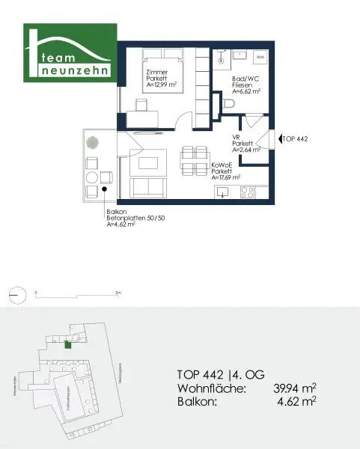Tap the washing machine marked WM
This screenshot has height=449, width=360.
coord(260,57)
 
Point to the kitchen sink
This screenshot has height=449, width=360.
coord(223,192)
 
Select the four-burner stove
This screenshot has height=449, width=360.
coord(247,192)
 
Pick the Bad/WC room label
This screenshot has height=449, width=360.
coord(244,82)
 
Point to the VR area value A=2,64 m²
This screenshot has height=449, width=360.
coord(245,149)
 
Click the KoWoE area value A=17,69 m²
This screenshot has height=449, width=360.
coord(226,178)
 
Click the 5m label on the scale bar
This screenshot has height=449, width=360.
coord(118,292)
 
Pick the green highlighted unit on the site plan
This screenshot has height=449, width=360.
coord(68,344)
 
